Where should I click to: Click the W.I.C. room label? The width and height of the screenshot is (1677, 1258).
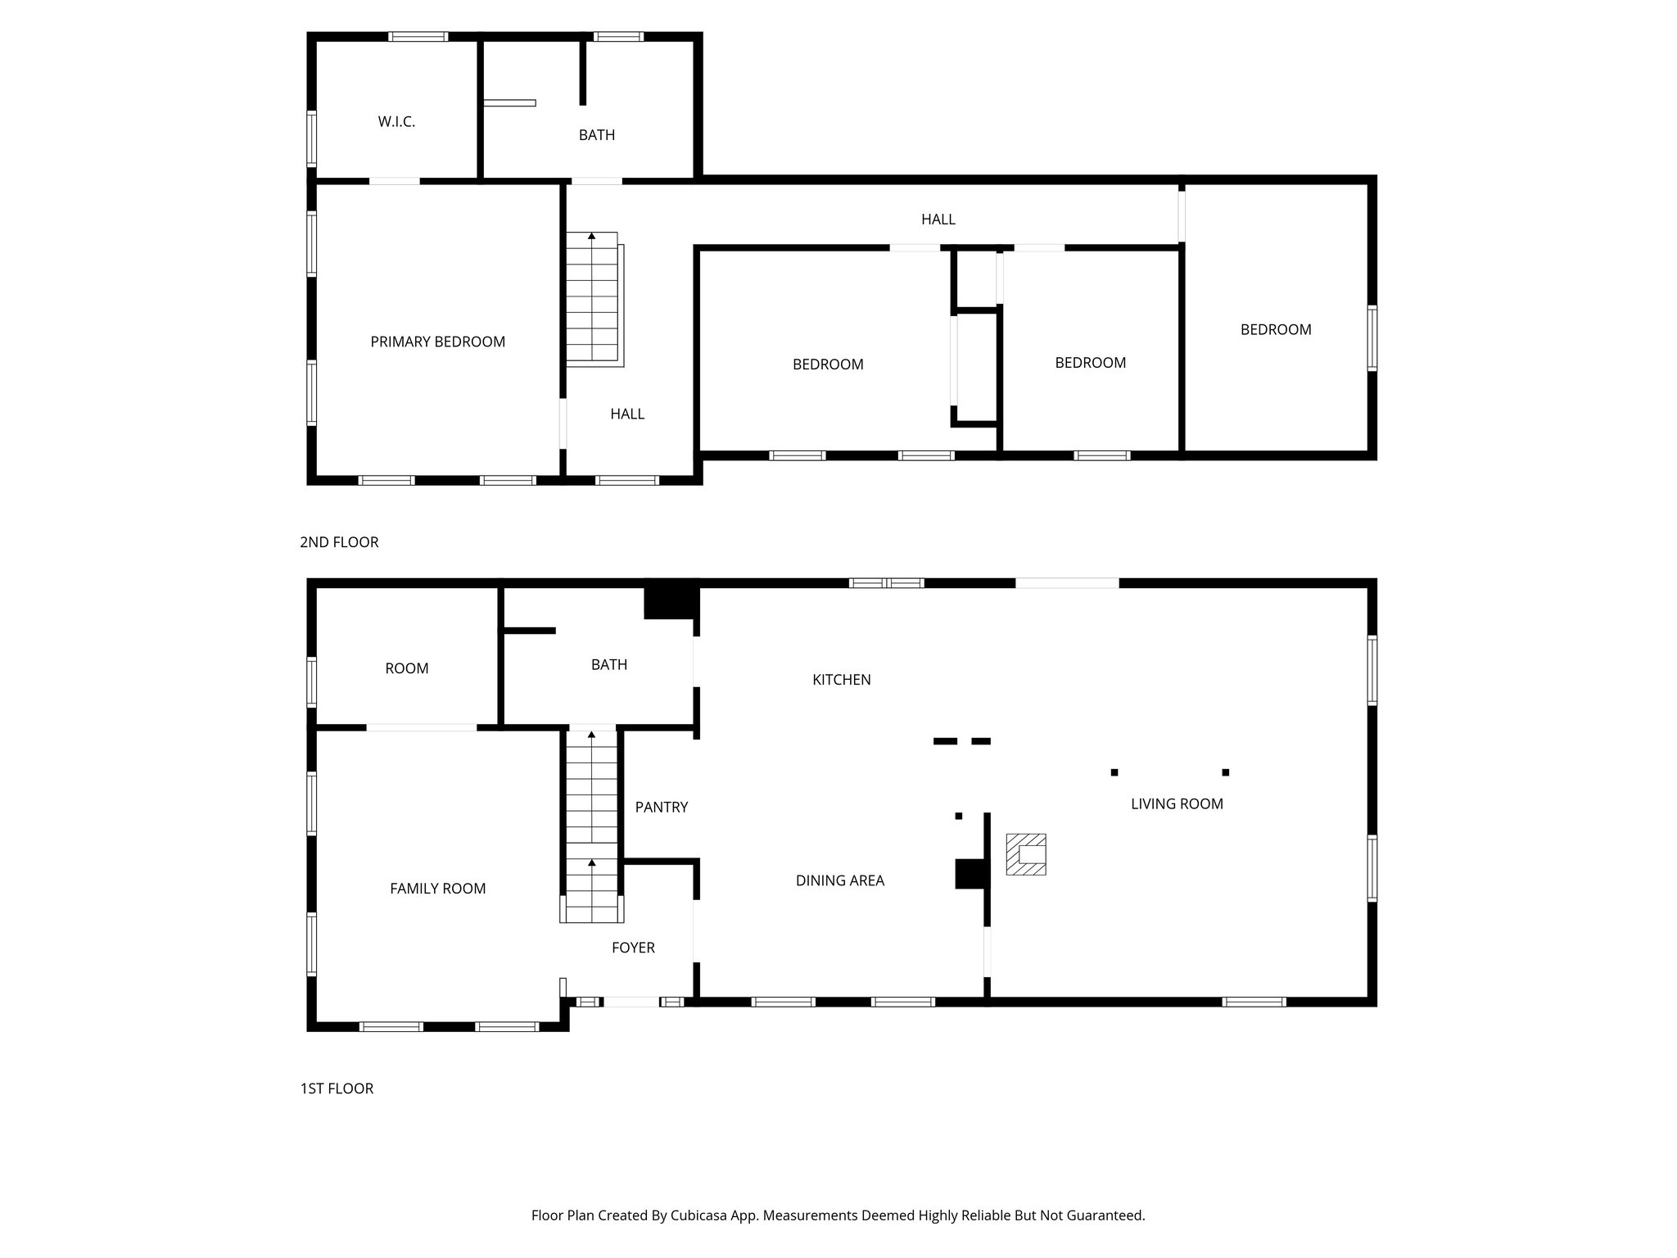396,122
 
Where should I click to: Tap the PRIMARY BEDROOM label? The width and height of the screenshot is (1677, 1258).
437,342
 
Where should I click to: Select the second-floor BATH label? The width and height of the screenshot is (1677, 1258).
596,135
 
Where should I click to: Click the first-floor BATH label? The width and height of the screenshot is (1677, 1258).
608,664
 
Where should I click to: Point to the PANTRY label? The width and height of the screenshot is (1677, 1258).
661,807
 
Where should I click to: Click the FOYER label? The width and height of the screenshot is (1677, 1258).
633,948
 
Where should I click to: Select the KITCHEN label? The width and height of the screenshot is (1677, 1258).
841,679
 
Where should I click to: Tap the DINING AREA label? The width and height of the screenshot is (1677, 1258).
839,880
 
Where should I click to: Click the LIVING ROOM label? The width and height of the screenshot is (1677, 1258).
1176,803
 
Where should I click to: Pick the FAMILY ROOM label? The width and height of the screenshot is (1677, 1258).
437,888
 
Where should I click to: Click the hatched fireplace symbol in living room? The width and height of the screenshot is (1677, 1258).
1026,854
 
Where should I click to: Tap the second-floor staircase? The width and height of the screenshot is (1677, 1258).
592,299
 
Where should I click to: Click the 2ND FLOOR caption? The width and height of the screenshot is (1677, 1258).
339,542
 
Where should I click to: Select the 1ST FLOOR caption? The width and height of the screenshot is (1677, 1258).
337,1088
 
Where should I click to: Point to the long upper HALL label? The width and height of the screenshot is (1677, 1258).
938,219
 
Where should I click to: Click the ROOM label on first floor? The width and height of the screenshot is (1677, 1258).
406,668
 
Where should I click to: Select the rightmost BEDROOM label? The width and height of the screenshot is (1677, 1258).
1275,329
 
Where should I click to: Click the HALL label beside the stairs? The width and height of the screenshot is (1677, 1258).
626,414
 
